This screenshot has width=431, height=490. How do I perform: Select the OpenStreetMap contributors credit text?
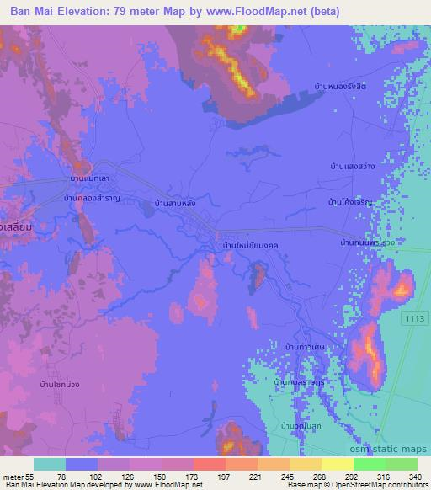pos(387,485)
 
